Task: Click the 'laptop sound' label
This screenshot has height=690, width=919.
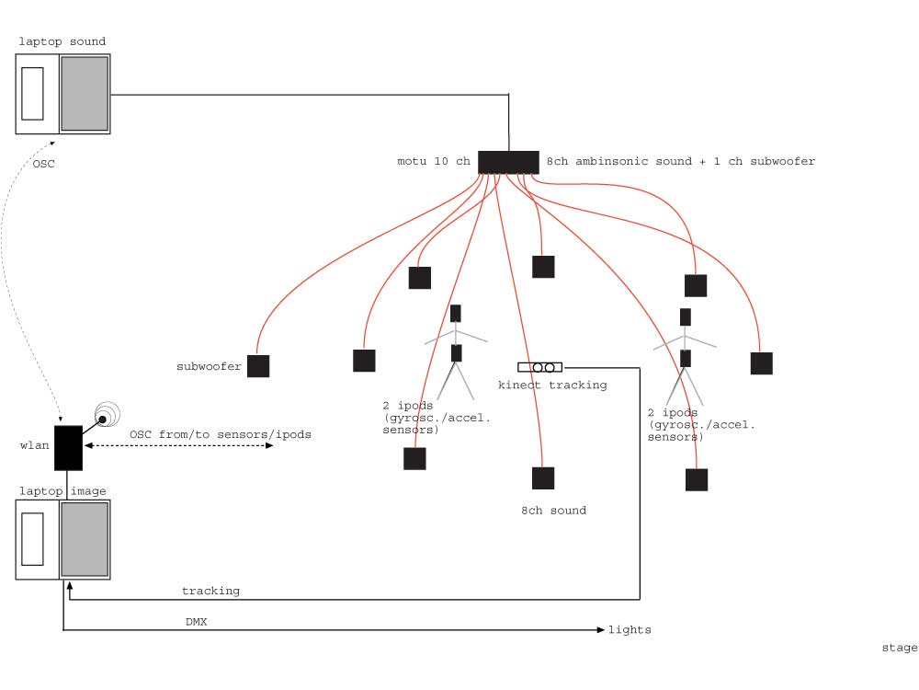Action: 62,41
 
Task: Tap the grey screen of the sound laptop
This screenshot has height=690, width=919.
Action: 85,94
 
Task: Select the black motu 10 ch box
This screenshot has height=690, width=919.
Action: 508,162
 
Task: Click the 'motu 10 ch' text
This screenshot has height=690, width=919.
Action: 433,162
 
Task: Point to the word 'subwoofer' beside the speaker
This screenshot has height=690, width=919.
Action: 209,366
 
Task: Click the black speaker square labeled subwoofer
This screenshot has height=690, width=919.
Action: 258,366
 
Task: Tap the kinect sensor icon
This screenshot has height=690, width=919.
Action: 539,367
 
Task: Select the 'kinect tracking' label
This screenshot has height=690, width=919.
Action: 552,385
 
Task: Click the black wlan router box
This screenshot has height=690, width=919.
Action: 68,448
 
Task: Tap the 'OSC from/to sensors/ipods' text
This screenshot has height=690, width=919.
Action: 220,434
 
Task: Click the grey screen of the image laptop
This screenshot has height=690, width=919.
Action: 85,540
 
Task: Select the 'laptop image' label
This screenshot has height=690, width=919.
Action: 62,491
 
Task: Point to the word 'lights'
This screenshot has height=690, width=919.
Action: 630,630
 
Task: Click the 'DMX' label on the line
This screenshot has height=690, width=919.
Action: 196,622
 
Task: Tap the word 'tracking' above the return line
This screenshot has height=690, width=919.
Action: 210,591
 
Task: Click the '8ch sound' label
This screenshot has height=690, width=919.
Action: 553,511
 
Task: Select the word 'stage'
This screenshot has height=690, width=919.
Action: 899,648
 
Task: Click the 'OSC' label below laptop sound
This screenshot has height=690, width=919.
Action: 42,164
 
